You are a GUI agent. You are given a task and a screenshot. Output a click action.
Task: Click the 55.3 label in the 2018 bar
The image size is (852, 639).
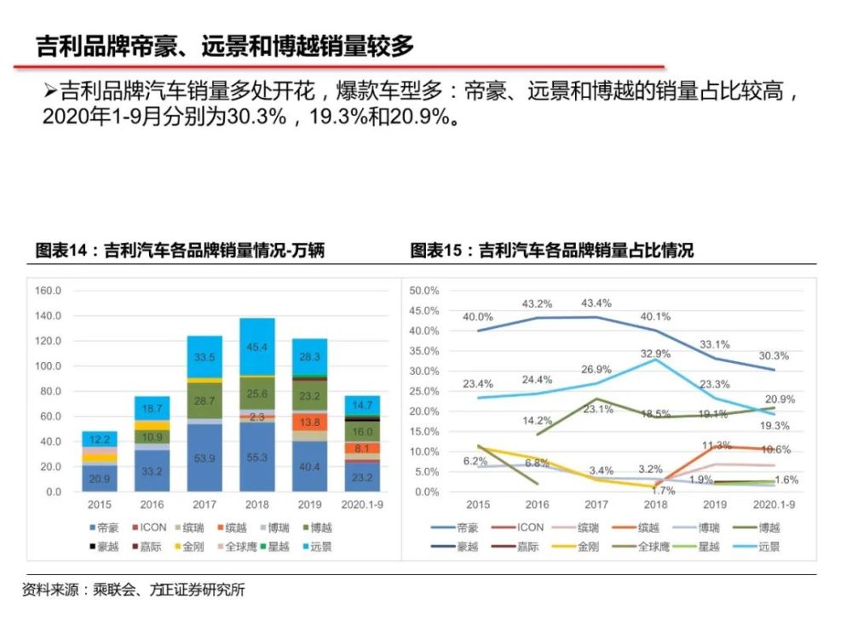tap(256, 458)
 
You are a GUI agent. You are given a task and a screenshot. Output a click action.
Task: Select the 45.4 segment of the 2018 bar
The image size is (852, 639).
tap(256, 348)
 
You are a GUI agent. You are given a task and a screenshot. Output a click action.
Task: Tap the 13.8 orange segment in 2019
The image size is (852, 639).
tap(309, 422)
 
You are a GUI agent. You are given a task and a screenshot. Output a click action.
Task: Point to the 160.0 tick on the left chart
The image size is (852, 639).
tap(48, 291)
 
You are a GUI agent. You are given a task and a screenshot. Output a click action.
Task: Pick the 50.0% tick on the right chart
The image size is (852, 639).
tap(423, 291)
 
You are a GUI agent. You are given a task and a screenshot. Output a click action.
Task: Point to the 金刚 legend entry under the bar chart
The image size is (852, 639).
tap(190, 547)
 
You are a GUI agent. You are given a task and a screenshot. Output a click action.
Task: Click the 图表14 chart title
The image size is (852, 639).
tap(180, 250)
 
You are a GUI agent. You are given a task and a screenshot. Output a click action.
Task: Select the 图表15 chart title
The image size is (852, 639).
tap(551, 250)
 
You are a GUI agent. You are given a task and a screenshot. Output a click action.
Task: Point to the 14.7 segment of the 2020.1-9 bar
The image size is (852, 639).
tap(361, 406)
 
